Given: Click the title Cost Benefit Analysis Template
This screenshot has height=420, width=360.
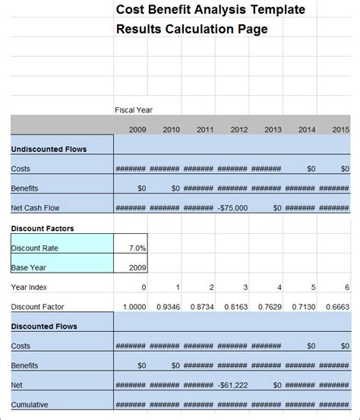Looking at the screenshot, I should pos(210,10).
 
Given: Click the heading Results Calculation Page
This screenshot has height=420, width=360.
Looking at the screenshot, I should pos(191,30).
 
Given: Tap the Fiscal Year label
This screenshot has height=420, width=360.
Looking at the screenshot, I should pos(134,110).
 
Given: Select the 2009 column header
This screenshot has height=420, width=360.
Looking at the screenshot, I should pos(137,130).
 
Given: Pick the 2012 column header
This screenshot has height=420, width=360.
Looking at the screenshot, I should pos(238,130).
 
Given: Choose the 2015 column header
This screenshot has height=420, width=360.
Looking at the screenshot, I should pos(340,130).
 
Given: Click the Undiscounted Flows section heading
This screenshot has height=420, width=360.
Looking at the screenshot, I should pos(49,149).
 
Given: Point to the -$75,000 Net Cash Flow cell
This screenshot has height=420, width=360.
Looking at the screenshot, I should pos(232,207).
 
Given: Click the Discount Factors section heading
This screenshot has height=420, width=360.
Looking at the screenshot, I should pos(43,228).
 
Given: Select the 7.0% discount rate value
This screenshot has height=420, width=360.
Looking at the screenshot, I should pos(137,248).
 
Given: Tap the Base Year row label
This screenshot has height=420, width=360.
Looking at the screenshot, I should pos(29,267).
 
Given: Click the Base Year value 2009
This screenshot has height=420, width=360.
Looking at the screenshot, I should pos(137,267).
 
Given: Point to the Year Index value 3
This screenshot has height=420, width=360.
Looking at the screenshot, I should pos(245,287).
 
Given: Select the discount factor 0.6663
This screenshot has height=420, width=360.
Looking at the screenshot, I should pos(337,307).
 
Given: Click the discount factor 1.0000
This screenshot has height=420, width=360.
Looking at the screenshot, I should pos(134,307).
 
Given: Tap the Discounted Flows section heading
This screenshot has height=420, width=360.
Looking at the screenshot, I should pos(44,327).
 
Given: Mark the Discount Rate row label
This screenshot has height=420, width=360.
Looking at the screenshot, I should pos(34,248).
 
